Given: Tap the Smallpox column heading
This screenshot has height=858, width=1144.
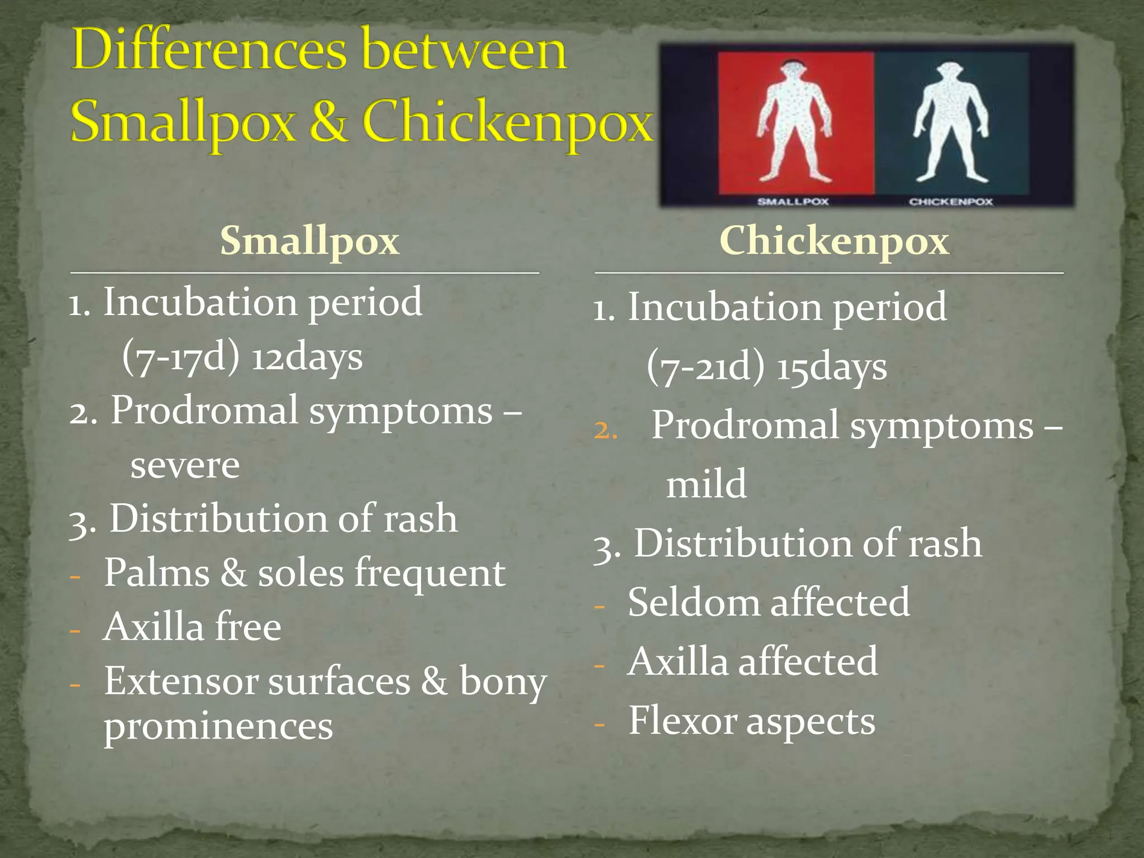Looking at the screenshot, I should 309,241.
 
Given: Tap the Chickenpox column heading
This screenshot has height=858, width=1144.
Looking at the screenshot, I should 834,241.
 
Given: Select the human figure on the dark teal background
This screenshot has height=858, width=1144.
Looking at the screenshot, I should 951,123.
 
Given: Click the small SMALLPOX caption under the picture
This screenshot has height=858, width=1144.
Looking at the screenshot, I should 793,202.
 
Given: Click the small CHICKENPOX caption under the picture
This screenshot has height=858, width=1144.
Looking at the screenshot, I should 951,202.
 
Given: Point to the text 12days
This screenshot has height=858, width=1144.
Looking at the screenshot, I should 307,357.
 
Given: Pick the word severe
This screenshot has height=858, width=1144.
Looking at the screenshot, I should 185,466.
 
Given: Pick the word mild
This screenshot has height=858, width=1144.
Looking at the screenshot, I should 706,484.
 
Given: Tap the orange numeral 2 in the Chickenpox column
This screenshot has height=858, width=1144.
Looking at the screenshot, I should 604,431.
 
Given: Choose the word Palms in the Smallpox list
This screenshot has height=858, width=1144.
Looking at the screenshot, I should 156,573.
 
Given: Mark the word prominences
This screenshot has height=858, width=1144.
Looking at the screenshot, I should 218,727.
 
